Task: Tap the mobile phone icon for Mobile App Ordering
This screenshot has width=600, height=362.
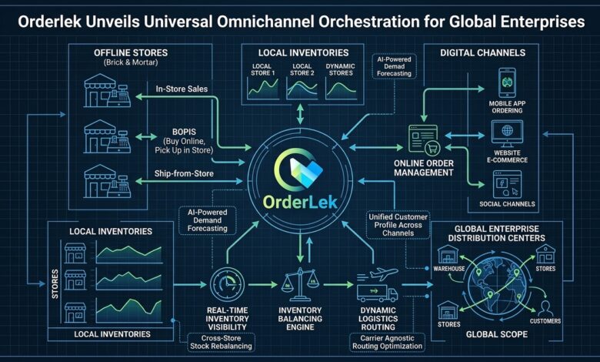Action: [507, 82]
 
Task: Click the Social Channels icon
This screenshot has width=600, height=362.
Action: [507, 184]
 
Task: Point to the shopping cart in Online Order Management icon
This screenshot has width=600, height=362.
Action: [432, 147]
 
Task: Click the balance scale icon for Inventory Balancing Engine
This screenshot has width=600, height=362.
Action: [300, 284]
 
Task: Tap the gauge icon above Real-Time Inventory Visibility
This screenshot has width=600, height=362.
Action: [227, 284]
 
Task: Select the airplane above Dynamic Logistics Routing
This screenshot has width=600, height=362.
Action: [383, 274]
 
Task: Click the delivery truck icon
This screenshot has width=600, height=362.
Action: [377, 293]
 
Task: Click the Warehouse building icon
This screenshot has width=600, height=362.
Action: [448, 255]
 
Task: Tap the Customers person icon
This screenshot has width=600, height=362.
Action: [545, 309]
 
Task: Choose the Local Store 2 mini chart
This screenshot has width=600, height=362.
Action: [302, 89]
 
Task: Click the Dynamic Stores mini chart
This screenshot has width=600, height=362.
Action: [341, 89]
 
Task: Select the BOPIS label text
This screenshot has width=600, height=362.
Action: [184, 132]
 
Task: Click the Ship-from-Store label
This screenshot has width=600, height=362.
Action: [184, 173]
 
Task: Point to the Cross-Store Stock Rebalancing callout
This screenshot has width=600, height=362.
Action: [222, 343]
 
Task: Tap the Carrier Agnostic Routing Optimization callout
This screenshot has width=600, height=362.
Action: [387, 343]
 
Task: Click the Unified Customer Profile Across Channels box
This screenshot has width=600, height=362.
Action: [398, 225]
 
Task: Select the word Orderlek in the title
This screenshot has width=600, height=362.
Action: [49, 22]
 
